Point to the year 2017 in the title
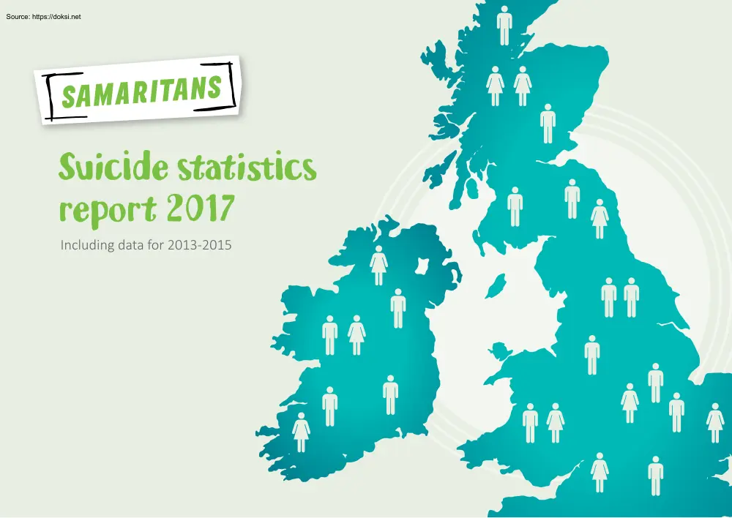(198, 208)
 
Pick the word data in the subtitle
(132, 246)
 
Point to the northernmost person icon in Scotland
(504, 26)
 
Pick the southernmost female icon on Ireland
(302, 432)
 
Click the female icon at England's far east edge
(715, 422)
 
